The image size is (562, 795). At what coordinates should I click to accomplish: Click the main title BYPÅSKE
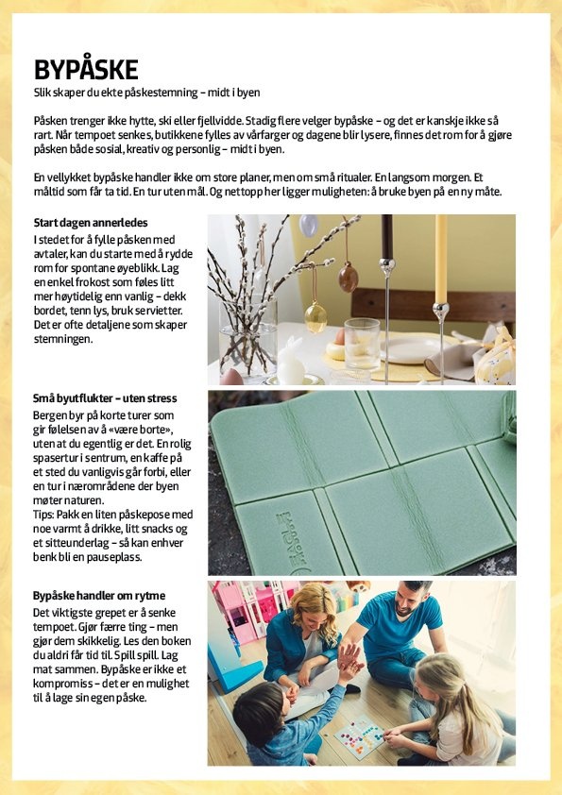(86, 69)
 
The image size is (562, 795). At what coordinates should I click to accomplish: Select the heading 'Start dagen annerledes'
(83, 223)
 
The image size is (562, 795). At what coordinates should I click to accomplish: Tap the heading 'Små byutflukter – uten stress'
(105, 398)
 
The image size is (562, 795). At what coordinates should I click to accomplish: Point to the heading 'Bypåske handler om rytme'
(99, 595)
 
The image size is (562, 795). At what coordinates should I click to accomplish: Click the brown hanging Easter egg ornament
(349, 277)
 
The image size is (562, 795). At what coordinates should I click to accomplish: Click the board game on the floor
(359, 735)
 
